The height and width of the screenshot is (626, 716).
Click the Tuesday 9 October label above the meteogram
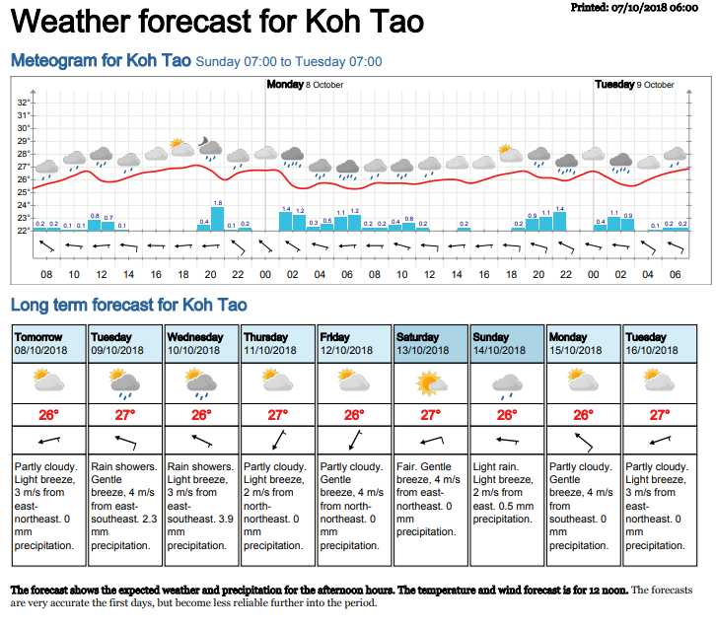tap(634, 85)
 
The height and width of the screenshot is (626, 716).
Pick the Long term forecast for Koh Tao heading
tap(128, 306)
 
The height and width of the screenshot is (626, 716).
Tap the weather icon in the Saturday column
tap(432, 382)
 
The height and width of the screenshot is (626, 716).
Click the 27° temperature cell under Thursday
tap(278, 415)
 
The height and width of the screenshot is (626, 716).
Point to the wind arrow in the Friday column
tap(355, 439)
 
